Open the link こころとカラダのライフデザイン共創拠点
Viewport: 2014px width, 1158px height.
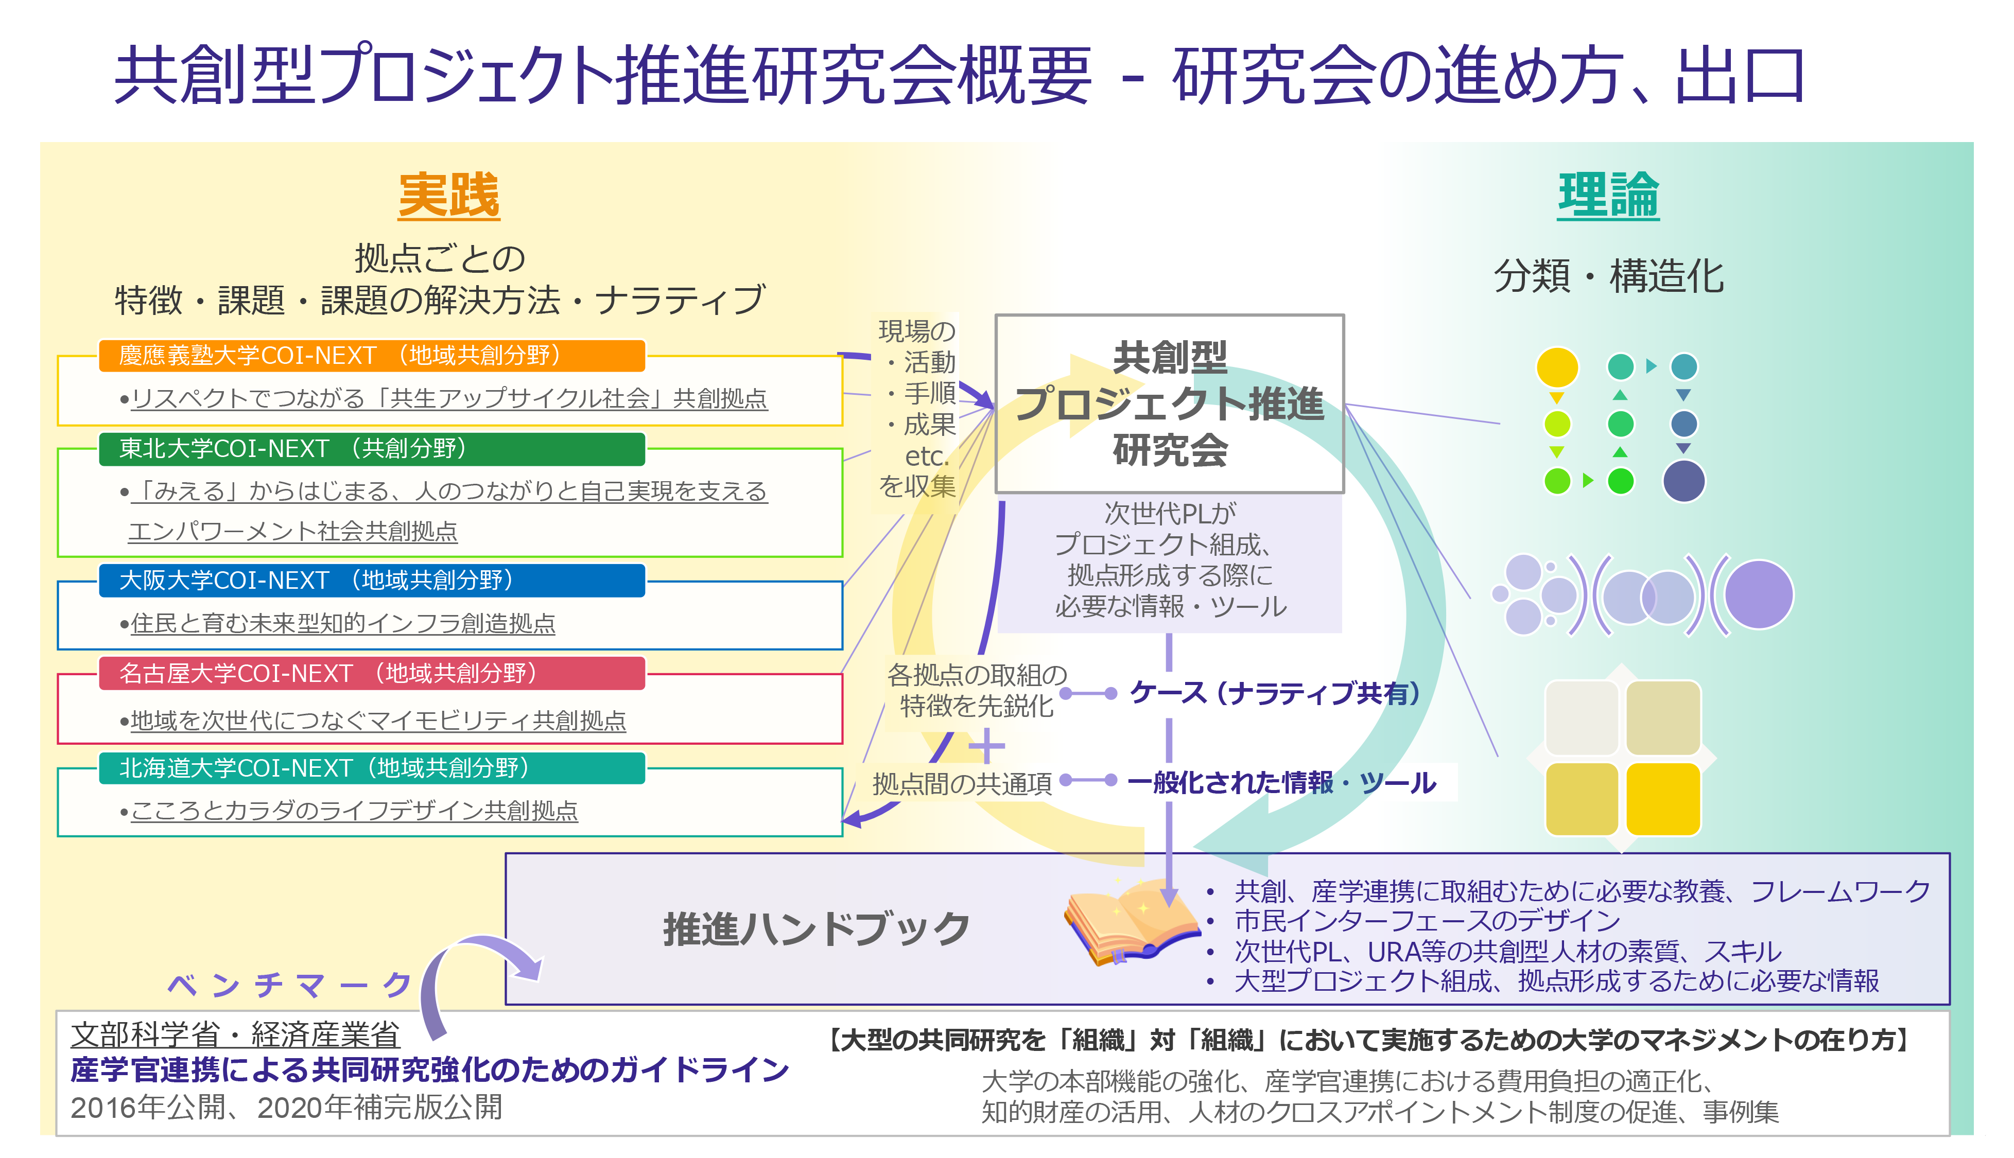point(354,811)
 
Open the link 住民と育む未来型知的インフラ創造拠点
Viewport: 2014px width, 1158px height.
point(343,624)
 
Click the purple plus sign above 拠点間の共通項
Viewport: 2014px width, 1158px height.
point(986,746)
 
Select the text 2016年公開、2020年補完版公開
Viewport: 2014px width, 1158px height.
point(286,1107)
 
